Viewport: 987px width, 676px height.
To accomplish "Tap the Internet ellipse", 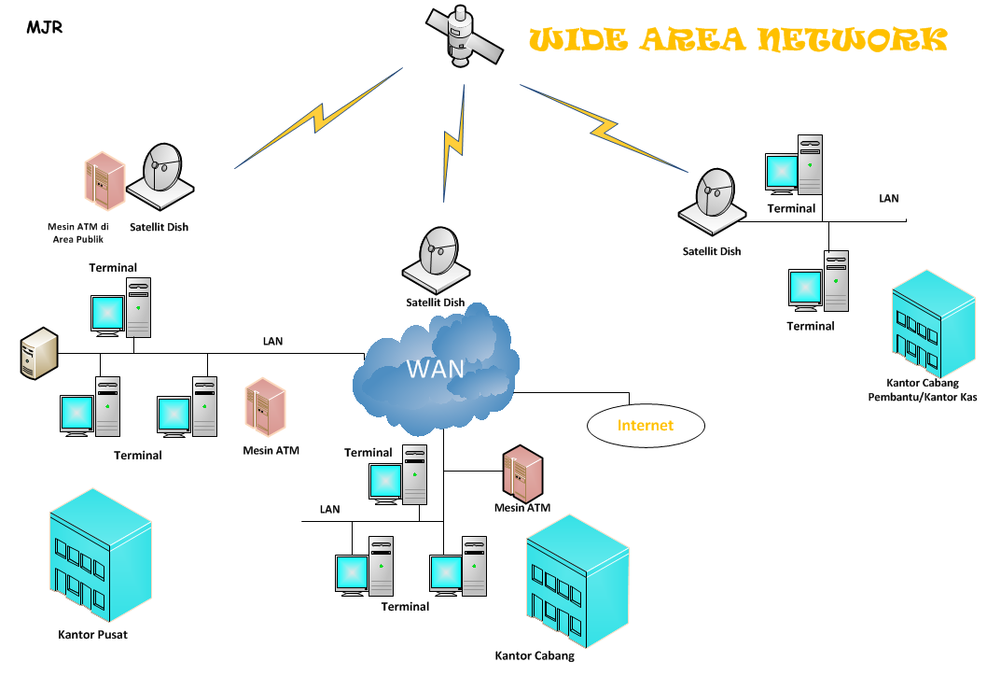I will pos(645,425).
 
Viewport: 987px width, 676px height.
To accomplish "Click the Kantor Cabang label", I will pos(535,655).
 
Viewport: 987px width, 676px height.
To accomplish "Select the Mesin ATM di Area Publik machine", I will pos(104,181).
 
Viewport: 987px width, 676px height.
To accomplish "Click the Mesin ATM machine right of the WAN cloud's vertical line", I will pos(521,473).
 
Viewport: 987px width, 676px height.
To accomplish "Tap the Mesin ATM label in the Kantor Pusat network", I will pos(271,450).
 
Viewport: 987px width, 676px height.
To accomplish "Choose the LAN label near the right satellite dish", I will pos(889,198).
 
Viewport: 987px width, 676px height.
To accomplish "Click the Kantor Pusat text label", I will pos(92,635).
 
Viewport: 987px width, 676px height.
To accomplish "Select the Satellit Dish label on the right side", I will pos(712,251).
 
